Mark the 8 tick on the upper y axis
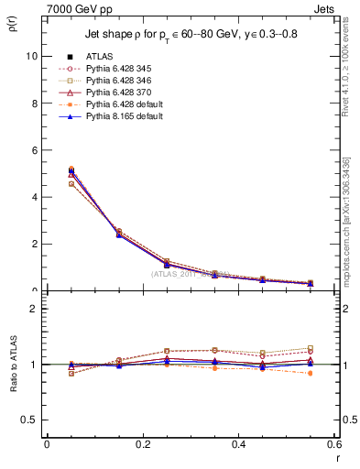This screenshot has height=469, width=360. point(34,103)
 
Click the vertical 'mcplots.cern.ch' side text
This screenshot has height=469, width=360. point(348,220)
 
